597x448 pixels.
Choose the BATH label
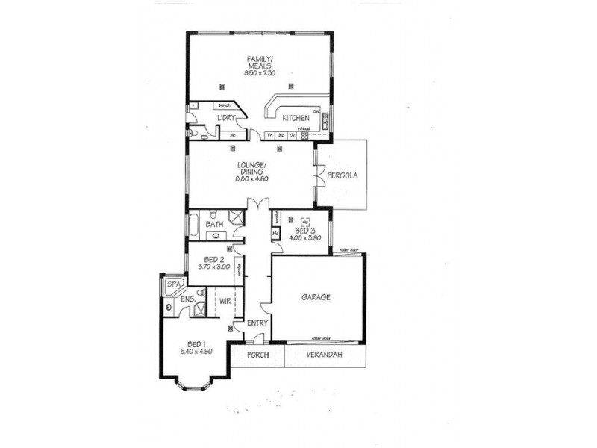click(214, 224)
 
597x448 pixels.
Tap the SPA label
click(173, 284)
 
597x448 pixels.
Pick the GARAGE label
click(316, 296)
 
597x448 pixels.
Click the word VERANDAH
click(324, 355)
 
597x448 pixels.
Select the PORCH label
click(257, 355)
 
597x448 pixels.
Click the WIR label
click(225, 300)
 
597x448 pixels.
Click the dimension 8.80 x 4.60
click(251, 179)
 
